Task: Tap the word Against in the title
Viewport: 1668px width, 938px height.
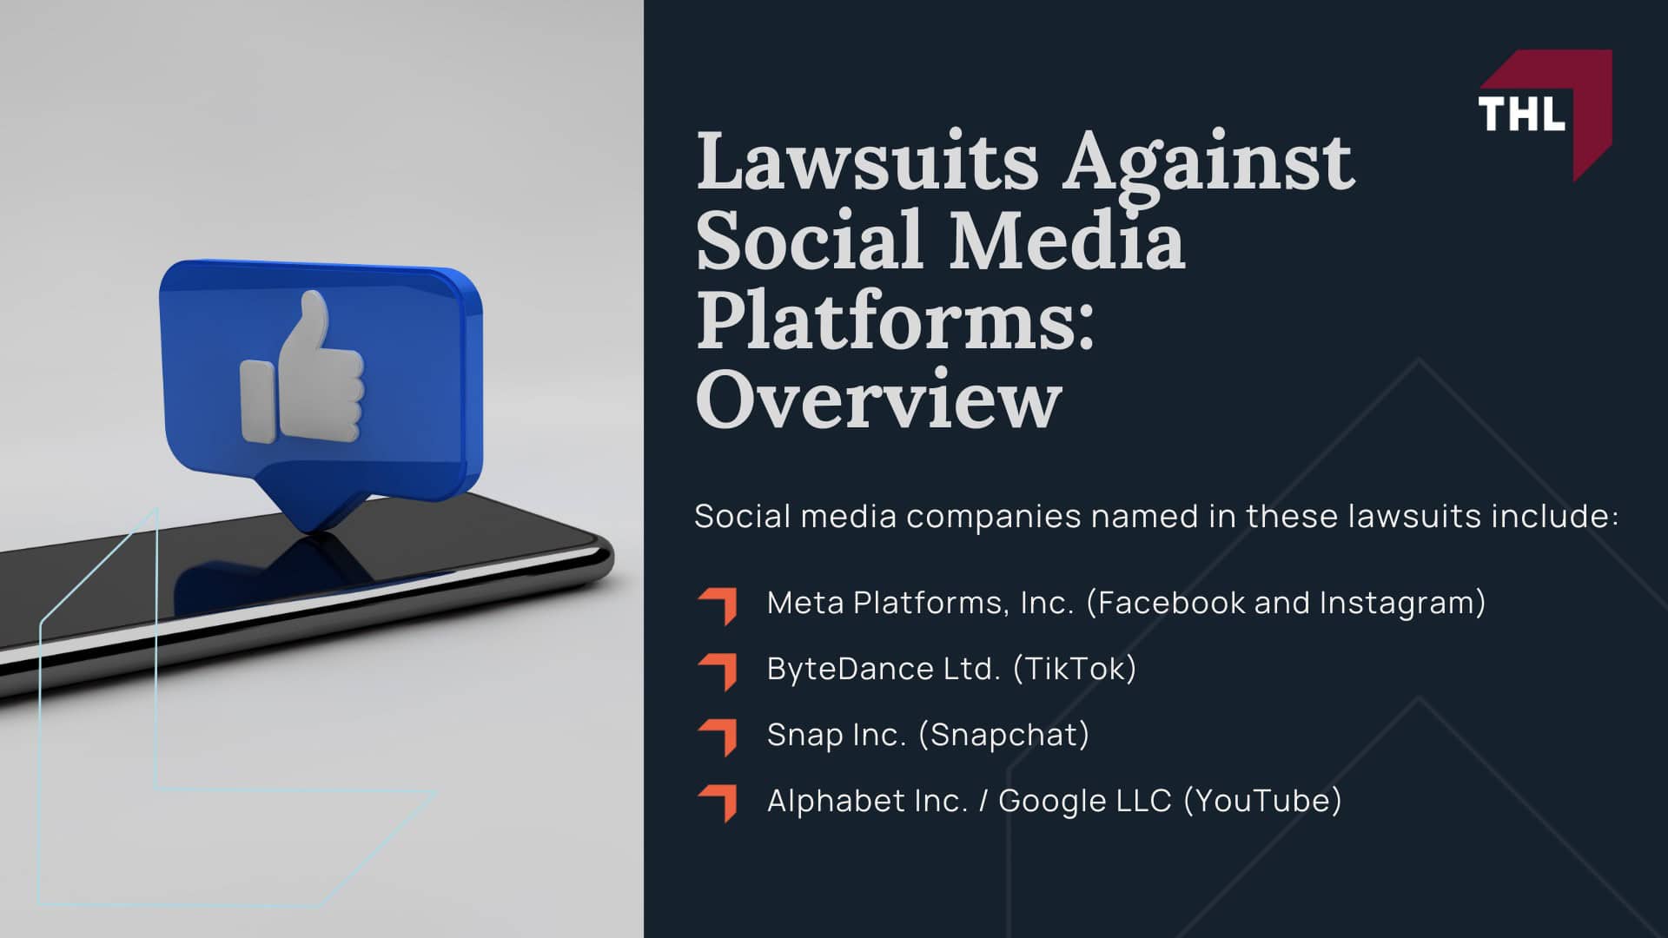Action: pyautogui.click(x=1208, y=162)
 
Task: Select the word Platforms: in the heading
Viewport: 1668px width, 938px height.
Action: pyautogui.click(x=895, y=320)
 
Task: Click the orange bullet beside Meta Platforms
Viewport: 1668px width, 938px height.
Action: pyautogui.click(x=718, y=605)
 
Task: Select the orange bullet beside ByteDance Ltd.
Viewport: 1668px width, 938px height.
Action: pyautogui.click(x=718, y=671)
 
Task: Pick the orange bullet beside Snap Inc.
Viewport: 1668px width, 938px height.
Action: pyautogui.click(x=718, y=737)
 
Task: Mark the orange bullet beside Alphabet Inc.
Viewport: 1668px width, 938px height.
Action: pyautogui.click(x=718, y=802)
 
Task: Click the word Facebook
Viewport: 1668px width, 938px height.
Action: pyautogui.click(x=1172, y=603)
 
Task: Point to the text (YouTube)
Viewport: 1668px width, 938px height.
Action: pyautogui.click(x=1262, y=801)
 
